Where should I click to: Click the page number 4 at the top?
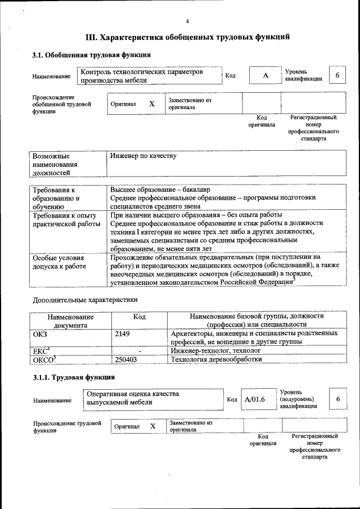pyautogui.click(x=187, y=21)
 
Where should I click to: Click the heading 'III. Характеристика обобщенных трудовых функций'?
pyautogui.click(x=187, y=38)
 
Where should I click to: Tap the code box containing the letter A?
pyautogui.click(x=264, y=75)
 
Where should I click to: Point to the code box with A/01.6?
pyautogui.click(x=255, y=399)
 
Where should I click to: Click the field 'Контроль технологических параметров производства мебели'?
pyautogui.click(x=149, y=76)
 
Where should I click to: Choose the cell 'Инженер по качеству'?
pyautogui.click(x=143, y=156)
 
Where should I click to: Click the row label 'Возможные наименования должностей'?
pyautogui.click(x=55, y=164)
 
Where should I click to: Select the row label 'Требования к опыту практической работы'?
pyautogui.click(x=65, y=219)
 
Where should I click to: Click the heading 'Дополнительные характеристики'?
pyautogui.click(x=85, y=300)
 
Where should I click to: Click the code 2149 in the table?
pyautogui.click(x=123, y=334)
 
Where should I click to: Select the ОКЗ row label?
pyautogui.click(x=40, y=334)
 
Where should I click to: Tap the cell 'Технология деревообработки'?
pyautogui.click(x=216, y=359)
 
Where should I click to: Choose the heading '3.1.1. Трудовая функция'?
pyautogui.click(x=74, y=377)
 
